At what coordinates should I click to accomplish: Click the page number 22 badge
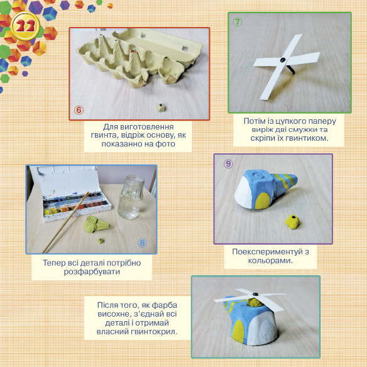pos(25,26)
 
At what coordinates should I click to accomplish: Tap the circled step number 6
pos(79,110)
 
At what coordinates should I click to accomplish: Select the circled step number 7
pos(238,22)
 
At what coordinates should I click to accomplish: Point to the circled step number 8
pos(142,243)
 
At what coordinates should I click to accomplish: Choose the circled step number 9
pos(228,164)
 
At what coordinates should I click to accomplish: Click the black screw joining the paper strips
pos(283,60)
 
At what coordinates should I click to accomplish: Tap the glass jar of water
pos(131,197)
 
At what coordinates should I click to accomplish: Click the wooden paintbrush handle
pos(65,222)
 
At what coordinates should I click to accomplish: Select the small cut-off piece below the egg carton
pos(161,107)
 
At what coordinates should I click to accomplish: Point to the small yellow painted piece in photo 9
pos(292,222)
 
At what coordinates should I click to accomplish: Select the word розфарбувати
pos(92,271)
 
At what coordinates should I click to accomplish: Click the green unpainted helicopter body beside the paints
pos(96,224)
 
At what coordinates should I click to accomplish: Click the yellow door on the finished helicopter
pos(239,331)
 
